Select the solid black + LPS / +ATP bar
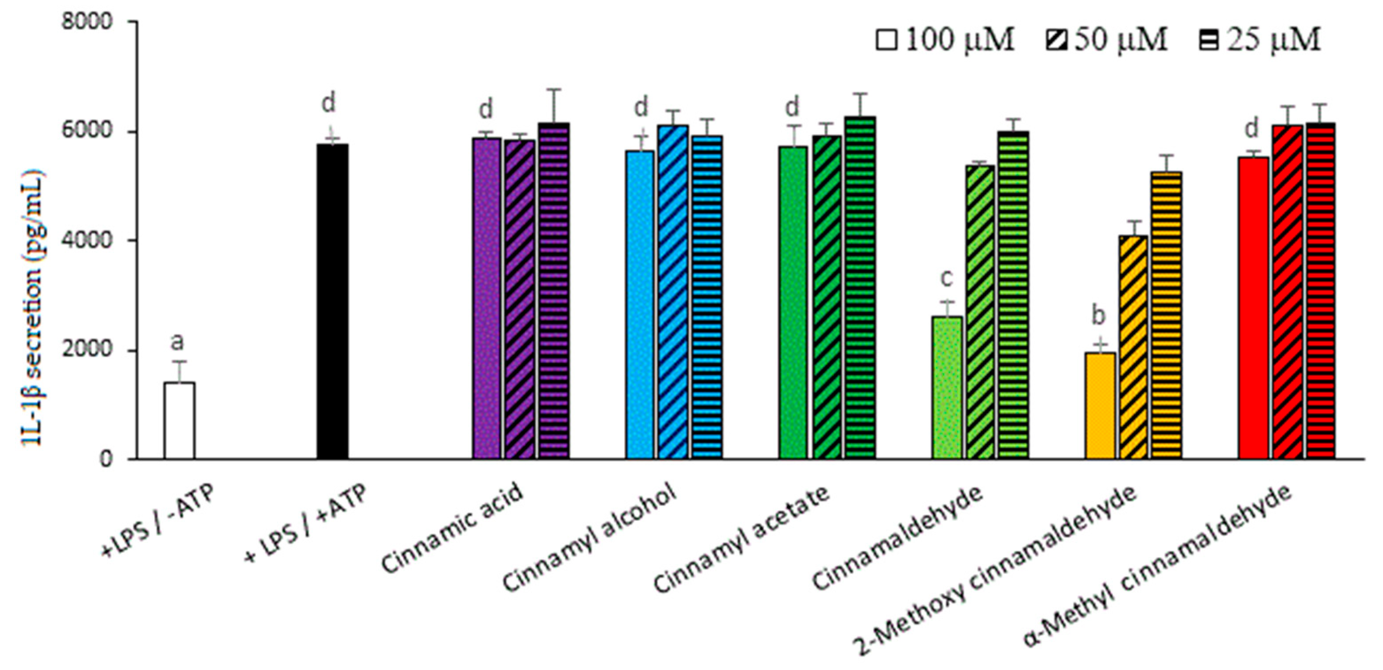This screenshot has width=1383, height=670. click(332, 300)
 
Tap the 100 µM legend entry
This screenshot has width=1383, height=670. click(945, 40)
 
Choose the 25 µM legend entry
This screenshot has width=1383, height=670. click(1260, 40)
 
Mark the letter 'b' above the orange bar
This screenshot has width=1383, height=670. click(1099, 316)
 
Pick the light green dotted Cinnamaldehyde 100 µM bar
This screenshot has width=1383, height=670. click(948, 387)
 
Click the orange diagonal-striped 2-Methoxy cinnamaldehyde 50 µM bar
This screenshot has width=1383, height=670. click(1133, 347)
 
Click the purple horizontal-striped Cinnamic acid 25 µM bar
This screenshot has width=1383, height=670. click(554, 291)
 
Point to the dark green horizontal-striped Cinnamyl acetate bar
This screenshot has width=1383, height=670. click(859, 287)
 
